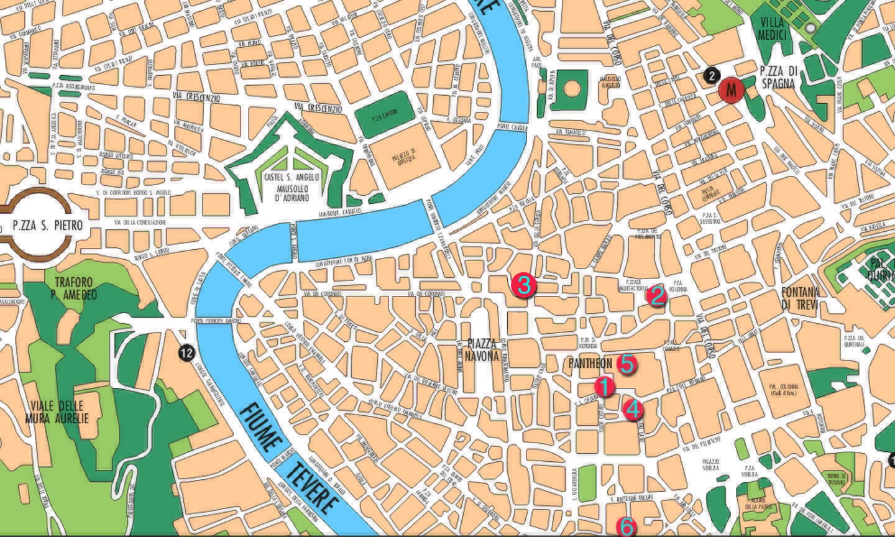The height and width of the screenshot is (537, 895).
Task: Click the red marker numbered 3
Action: point(523,285)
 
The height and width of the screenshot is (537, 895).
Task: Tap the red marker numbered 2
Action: point(656,296)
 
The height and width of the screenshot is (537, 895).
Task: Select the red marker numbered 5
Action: point(626,364)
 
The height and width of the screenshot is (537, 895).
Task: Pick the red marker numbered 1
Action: point(604,387)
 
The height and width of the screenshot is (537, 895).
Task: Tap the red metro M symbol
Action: point(732,90)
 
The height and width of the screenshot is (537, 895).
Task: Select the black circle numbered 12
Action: point(186,352)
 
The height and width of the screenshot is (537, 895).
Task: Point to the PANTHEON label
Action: point(590,363)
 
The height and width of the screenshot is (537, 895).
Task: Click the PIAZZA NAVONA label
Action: point(482,350)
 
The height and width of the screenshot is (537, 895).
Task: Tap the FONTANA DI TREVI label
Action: point(800,298)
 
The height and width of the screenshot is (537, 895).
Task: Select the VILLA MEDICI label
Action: point(772,28)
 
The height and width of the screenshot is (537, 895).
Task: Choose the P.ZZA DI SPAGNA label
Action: point(777,77)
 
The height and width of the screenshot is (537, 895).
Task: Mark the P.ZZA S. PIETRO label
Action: point(47,226)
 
